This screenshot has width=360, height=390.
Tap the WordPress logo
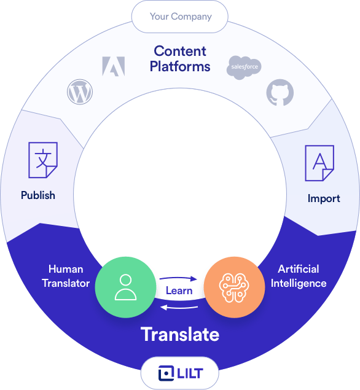[x=80, y=92]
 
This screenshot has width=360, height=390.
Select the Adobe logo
[x=114, y=66]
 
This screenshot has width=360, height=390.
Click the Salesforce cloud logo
[x=244, y=68]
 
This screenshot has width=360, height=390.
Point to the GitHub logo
[x=280, y=92]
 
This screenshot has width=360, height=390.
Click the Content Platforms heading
[x=180, y=59]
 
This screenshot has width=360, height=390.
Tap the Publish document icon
[x=43, y=160]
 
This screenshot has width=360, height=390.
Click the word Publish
[x=38, y=195]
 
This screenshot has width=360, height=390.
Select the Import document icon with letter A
[x=319, y=163]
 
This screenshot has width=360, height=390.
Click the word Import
[x=324, y=198]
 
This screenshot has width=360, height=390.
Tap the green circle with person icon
[x=126, y=287]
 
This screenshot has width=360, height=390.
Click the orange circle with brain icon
[x=234, y=287]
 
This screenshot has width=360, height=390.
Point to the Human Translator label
[x=66, y=276]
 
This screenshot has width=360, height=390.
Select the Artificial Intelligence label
[x=299, y=276]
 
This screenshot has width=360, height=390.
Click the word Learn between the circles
[x=179, y=291]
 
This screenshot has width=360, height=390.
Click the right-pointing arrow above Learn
[x=178, y=278]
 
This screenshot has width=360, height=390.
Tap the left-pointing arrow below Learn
[x=179, y=308]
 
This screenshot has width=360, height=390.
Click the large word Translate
[x=180, y=335]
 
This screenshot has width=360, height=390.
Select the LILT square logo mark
[x=166, y=373]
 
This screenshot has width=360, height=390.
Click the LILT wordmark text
[x=190, y=373]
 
